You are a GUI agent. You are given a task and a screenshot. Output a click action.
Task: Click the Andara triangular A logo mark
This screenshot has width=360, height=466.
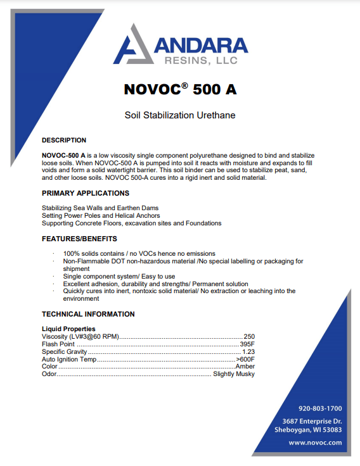click(x=131, y=45)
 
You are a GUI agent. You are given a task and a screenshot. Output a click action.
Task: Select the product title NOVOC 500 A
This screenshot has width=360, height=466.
click(x=180, y=89)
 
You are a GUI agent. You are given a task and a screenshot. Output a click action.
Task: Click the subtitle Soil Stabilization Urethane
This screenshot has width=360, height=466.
click(x=180, y=115)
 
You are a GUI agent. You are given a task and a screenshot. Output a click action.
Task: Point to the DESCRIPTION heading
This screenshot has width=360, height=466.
click(x=64, y=140)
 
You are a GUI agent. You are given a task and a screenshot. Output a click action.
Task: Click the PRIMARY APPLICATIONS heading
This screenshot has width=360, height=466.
click(x=86, y=193)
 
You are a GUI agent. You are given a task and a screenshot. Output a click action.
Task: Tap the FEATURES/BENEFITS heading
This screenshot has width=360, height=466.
click(x=79, y=239)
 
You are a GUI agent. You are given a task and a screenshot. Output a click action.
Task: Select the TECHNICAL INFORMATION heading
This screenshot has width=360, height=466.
click(x=88, y=314)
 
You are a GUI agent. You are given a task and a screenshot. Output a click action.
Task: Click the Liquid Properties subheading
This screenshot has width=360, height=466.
click(x=68, y=329)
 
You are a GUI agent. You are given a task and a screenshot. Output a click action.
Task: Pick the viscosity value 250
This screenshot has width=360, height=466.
click(x=249, y=336)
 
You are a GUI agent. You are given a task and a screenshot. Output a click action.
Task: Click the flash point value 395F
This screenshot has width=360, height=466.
click(x=247, y=344)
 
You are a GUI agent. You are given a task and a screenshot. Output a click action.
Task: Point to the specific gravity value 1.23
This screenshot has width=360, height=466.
click(x=248, y=351)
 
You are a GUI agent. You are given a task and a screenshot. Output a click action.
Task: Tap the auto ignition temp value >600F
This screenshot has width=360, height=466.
click(x=245, y=359)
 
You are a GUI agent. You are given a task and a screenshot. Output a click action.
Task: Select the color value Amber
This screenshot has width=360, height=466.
click(x=245, y=367)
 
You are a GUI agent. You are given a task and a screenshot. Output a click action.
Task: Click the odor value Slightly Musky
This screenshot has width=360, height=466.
click(x=233, y=374)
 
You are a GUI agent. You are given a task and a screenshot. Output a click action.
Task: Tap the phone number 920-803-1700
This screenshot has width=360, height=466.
click(x=320, y=408)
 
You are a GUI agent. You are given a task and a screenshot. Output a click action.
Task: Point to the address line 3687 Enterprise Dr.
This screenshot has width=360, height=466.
click(x=312, y=421)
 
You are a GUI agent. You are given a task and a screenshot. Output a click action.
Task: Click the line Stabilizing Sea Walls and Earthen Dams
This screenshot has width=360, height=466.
click(x=100, y=208)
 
